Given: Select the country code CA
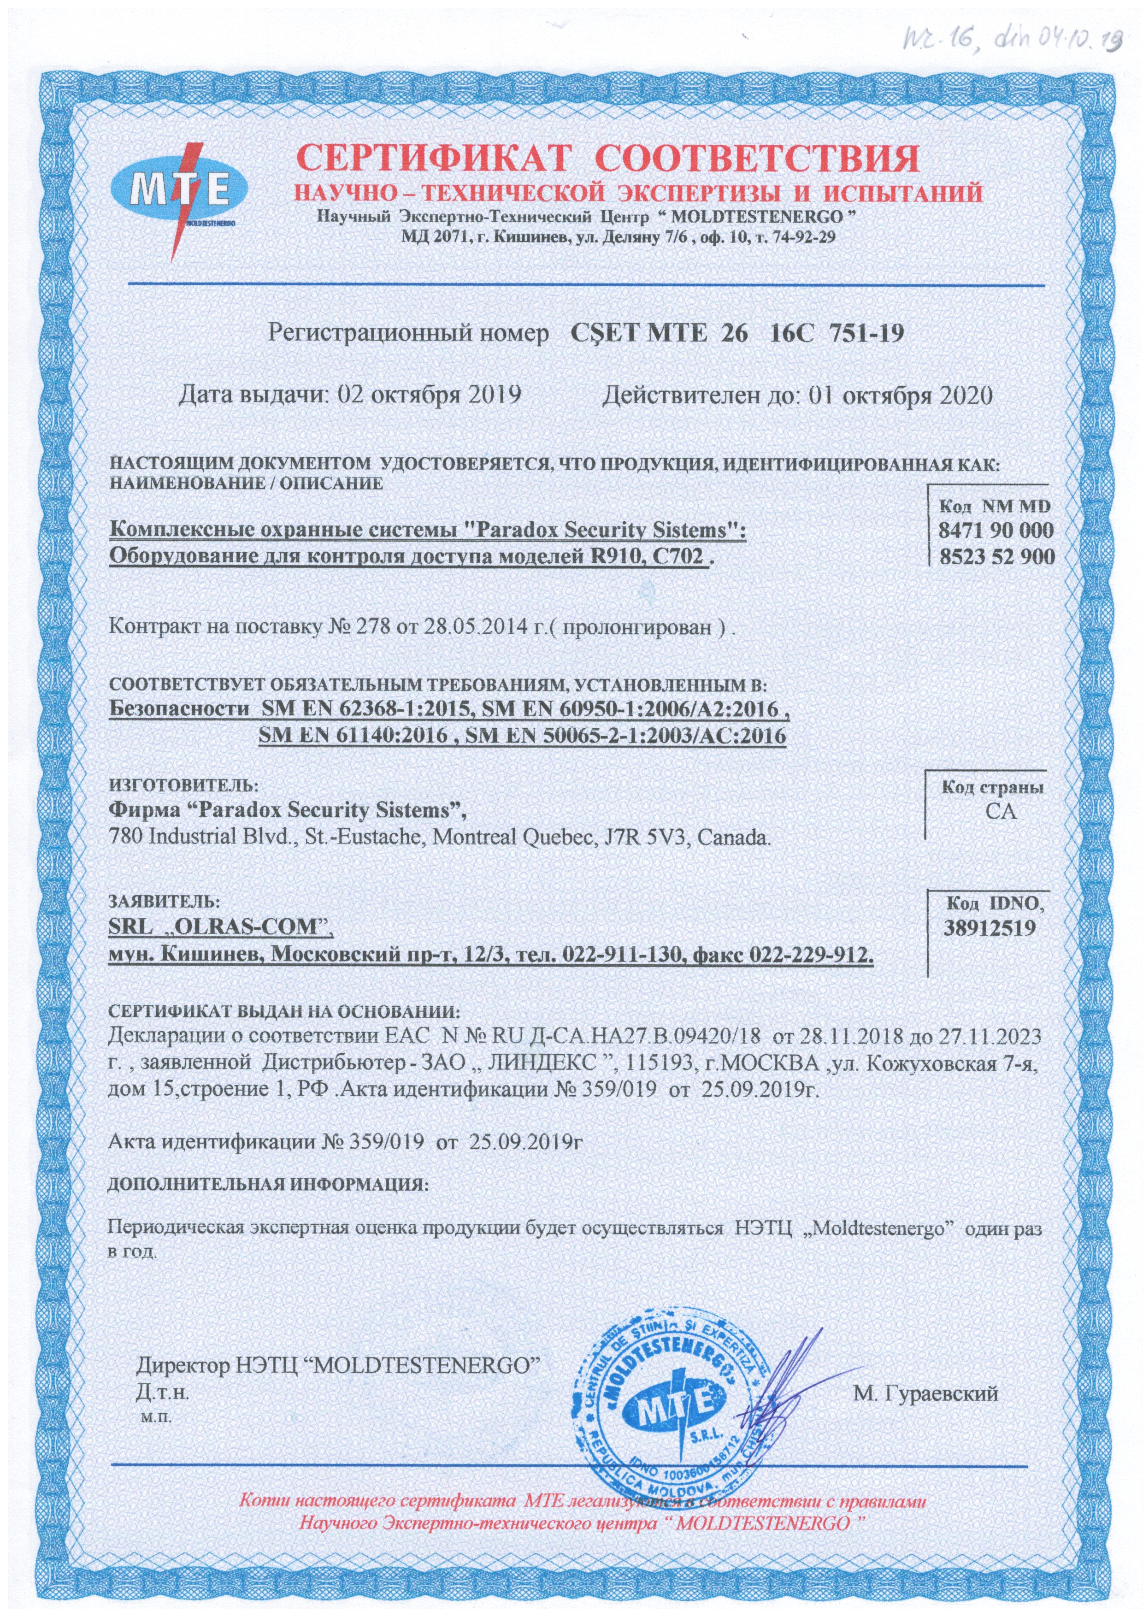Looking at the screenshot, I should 1001,811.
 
